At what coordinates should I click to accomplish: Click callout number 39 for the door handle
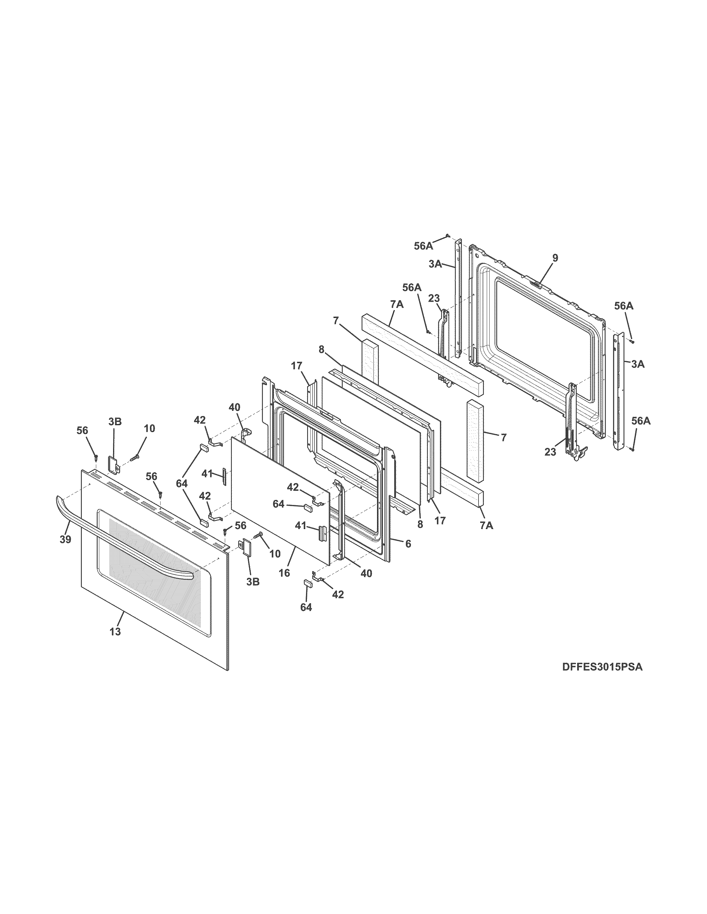pyautogui.click(x=65, y=540)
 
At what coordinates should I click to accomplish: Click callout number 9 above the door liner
pyautogui.click(x=555, y=258)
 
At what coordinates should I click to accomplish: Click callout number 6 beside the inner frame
pyautogui.click(x=408, y=544)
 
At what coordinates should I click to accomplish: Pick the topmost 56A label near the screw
pyautogui.click(x=423, y=246)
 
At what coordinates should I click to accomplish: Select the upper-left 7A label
pyautogui.click(x=397, y=304)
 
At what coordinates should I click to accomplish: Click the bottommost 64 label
pyautogui.click(x=306, y=607)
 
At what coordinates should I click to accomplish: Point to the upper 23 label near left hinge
pyautogui.click(x=434, y=298)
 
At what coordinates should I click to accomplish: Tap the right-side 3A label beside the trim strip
pyautogui.click(x=638, y=364)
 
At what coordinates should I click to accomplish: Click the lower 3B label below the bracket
pyautogui.click(x=253, y=581)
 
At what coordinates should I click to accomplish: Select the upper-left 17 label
pyautogui.click(x=297, y=366)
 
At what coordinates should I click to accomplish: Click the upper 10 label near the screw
pyautogui.click(x=149, y=428)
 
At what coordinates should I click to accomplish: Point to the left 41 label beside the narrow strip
pyautogui.click(x=207, y=474)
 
